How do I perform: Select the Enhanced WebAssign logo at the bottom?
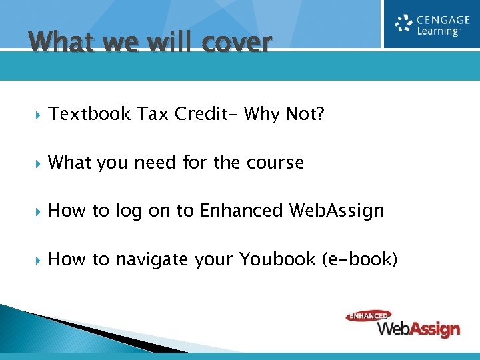click(403, 324)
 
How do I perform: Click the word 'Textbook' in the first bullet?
click(89, 115)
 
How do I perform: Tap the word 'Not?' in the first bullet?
click(305, 115)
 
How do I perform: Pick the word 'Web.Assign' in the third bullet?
click(337, 211)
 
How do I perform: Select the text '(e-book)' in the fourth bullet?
click(359, 259)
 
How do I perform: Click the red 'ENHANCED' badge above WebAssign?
click(368, 316)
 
